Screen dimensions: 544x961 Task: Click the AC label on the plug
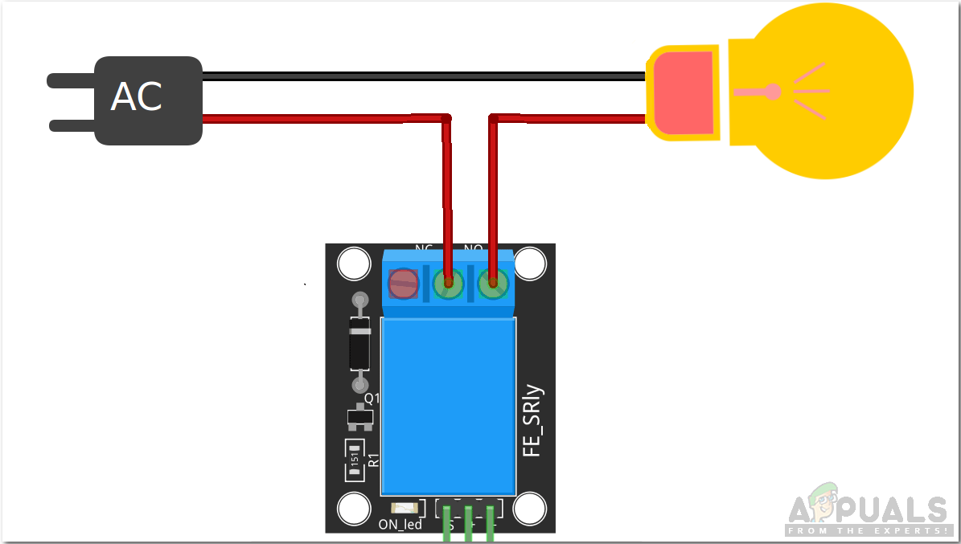pos(137,97)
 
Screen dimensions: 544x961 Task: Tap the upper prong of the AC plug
pos(71,80)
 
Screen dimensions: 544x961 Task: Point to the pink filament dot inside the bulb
pos(773,92)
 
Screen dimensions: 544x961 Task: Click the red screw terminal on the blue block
pos(403,284)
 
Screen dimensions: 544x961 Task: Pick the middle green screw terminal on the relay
pos(448,284)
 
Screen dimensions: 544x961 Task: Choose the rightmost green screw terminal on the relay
pos(493,284)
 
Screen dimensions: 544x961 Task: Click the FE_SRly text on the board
pos(533,422)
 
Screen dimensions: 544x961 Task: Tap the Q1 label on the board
pos(372,398)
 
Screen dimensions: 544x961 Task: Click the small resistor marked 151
pos(355,460)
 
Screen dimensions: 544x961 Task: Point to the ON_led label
pos(400,525)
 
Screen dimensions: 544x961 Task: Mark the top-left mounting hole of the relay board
pos(352,263)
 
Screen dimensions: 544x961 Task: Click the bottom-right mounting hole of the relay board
pos(530,508)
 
